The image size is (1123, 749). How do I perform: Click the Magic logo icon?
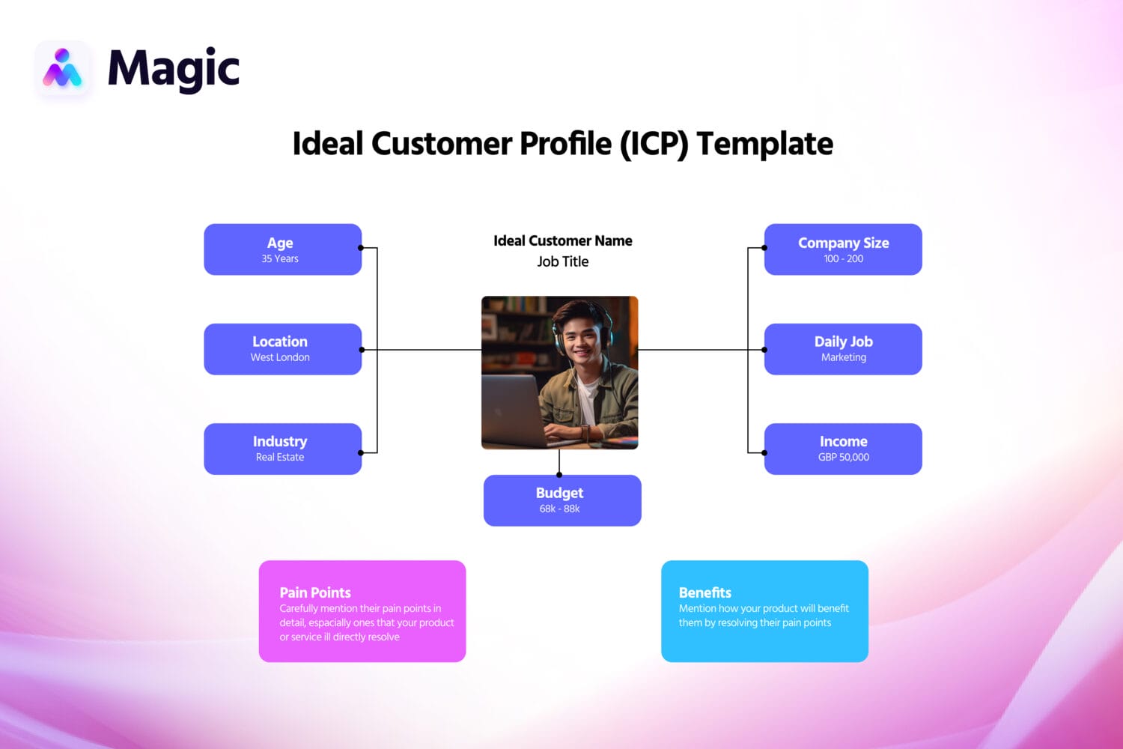tap(63, 69)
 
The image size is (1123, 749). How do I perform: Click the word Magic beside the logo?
tap(174, 69)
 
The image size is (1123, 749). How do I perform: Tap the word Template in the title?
tap(764, 144)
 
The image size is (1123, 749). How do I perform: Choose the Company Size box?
tap(843, 249)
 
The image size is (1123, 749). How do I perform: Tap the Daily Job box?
tap(843, 349)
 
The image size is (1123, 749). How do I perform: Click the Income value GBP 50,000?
tap(843, 457)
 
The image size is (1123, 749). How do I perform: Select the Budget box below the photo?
tap(561, 500)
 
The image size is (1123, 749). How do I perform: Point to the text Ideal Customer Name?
tap(562, 240)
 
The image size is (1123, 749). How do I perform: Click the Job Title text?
tap(562, 261)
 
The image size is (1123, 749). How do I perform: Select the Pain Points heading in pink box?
tap(314, 592)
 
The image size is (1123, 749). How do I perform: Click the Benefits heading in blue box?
tap(704, 592)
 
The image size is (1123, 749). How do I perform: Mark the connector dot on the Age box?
tap(361, 248)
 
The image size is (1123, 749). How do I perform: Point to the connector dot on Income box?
tap(764, 452)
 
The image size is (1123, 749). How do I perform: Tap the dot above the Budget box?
tap(559, 475)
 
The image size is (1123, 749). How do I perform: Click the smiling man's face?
tap(581, 336)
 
